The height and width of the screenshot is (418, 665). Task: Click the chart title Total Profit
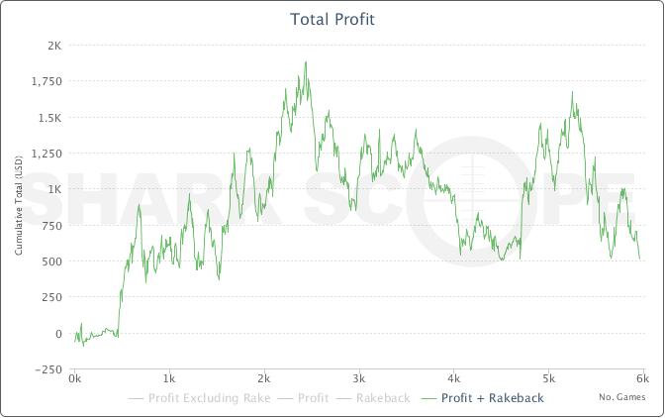(332, 19)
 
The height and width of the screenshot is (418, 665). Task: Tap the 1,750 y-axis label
(47, 81)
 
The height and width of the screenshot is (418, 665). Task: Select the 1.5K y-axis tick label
(48, 117)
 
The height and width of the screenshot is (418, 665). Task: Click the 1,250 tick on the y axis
(47, 154)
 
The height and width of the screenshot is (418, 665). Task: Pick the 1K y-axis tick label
(54, 189)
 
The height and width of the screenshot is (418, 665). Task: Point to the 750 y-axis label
(51, 225)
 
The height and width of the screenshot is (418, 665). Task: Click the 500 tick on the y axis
(51, 261)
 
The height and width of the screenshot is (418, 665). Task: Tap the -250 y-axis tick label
(48, 369)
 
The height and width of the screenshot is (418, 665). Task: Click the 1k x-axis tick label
(168, 378)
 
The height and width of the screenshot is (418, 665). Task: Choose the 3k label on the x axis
(359, 378)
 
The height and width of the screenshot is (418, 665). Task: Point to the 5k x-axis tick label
(549, 378)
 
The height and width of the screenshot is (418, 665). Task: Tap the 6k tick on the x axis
(642, 378)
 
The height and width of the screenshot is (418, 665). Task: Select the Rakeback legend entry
(381, 398)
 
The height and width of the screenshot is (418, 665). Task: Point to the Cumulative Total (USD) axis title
(19, 207)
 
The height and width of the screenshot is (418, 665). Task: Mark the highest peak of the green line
(306, 62)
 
